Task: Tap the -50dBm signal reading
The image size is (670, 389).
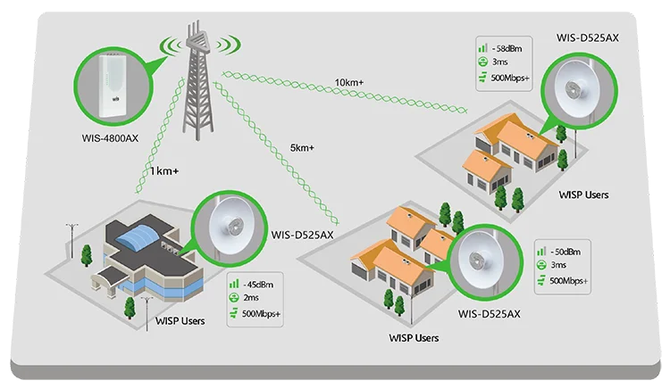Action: (x=567, y=252)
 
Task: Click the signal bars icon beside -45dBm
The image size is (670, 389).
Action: (x=233, y=284)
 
